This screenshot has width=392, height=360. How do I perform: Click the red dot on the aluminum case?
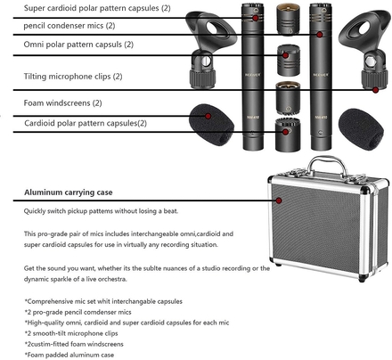(279, 200)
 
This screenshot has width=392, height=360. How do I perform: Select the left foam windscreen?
(211, 125)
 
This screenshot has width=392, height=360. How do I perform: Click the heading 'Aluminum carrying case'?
(69, 192)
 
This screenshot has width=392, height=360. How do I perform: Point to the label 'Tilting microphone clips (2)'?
(73, 77)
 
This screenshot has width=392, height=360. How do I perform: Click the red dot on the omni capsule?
(285, 55)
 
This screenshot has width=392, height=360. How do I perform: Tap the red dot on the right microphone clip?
(375, 90)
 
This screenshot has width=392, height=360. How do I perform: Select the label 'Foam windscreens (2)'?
(62, 103)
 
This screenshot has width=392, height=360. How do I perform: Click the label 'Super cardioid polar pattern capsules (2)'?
(97, 8)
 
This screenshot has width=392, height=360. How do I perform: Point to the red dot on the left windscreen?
(208, 116)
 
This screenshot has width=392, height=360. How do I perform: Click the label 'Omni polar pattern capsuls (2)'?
(78, 45)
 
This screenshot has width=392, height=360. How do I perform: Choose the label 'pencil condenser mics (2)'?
(69, 26)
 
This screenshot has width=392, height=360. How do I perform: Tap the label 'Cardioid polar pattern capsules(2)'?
(86, 123)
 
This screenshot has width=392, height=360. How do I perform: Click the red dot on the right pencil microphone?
(320, 35)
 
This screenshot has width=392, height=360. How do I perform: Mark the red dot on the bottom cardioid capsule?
(285, 132)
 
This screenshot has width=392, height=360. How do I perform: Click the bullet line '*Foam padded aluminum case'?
(69, 355)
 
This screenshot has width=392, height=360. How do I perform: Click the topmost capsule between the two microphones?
(288, 20)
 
